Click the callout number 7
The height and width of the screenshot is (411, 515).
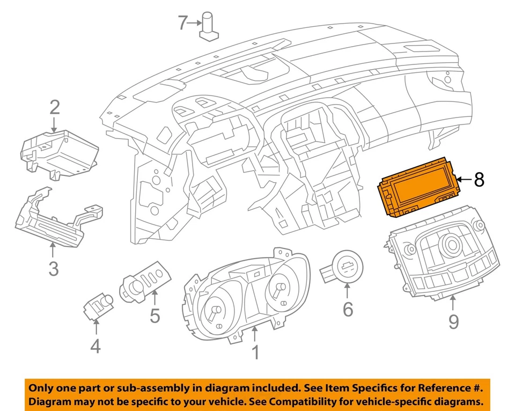coord(183,23)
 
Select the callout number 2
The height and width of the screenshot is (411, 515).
coord(55,108)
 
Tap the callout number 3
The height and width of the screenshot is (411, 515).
coord(53,268)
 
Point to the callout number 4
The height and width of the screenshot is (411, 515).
coord(95,347)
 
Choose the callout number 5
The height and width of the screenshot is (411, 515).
coord(154,316)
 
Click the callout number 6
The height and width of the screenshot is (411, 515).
coord(347,309)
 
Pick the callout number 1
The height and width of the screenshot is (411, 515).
coord(255,353)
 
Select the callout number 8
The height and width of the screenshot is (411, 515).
coord(479,180)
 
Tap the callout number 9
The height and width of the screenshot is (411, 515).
coord(454,321)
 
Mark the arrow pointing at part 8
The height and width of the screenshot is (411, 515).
coord(464,180)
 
